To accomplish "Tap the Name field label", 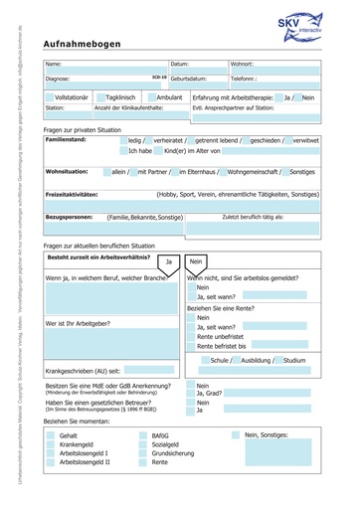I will (x=54, y=64).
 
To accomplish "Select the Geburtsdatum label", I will (x=188, y=77).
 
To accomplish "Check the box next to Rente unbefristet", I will (x=191, y=336).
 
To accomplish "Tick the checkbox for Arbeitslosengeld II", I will (x=51, y=462).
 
